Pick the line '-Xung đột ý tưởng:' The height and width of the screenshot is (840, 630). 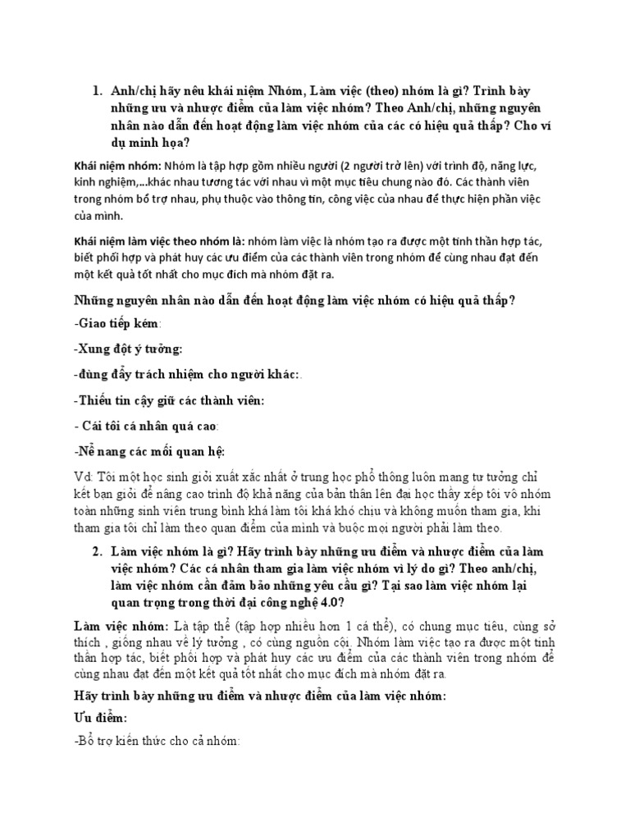click(128, 350)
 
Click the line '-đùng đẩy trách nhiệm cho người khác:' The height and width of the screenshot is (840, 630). click(188, 375)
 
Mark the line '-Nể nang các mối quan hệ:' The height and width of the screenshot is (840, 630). click(148, 451)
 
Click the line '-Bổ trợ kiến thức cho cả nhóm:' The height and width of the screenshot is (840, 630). click(156, 742)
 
